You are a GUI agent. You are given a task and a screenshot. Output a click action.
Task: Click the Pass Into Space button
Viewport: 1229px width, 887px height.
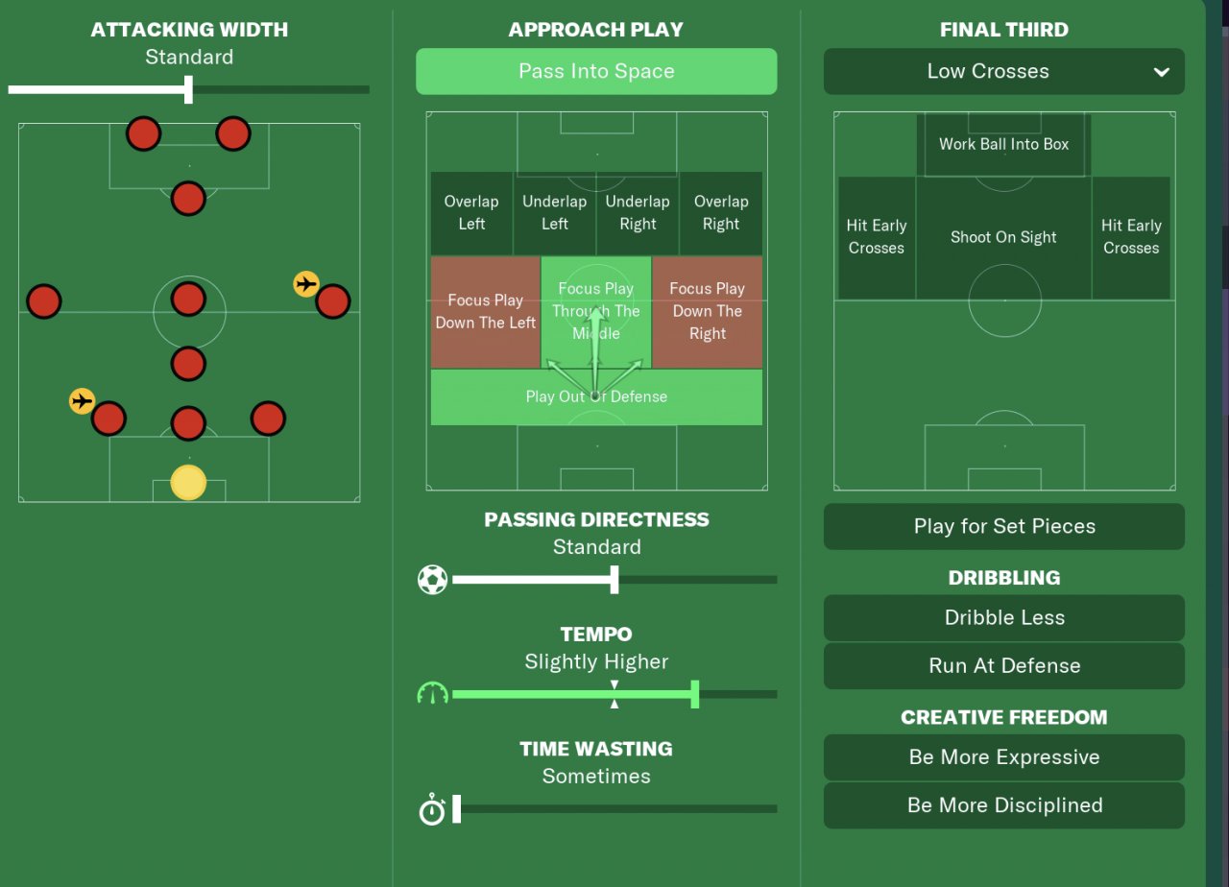[x=595, y=71]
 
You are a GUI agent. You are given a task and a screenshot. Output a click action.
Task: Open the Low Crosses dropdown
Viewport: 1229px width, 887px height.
[x=1003, y=71]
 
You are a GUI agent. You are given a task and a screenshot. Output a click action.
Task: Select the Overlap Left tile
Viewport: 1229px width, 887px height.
[x=471, y=212]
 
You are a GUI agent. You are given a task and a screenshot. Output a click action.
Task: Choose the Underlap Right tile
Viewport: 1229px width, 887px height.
[x=638, y=212]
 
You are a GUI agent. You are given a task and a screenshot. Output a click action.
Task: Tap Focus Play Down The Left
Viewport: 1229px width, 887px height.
[x=485, y=311]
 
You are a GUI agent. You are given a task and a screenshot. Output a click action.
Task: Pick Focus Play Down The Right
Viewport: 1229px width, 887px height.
[x=707, y=311]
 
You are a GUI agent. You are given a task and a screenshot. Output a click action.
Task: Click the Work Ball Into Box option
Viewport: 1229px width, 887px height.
[x=1003, y=144]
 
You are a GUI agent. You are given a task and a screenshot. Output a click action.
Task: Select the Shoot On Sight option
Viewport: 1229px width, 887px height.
[x=1003, y=237]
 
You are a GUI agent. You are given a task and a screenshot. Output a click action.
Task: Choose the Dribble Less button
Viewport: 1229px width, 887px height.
[x=1003, y=617]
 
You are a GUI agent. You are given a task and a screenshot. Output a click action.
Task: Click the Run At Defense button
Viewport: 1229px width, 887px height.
[x=1003, y=665]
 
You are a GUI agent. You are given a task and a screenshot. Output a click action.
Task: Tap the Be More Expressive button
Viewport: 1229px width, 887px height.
[x=1003, y=757]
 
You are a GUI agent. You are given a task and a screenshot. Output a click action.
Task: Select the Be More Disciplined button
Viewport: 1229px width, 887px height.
[x=1003, y=805]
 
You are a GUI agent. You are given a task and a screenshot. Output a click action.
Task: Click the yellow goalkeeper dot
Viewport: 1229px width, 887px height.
[x=188, y=482]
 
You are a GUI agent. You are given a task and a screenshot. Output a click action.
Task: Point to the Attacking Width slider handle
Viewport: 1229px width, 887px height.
[x=188, y=89]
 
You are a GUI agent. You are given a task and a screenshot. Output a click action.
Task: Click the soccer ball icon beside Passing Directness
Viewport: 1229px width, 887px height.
[x=433, y=579]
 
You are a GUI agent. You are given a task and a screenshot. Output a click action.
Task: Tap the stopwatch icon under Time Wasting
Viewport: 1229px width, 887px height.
[x=432, y=809]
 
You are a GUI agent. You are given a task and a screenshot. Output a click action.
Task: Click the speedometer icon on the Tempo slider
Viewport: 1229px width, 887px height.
[x=433, y=693]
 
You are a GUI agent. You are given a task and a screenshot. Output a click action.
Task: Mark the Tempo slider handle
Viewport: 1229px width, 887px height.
[x=695, y=693]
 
